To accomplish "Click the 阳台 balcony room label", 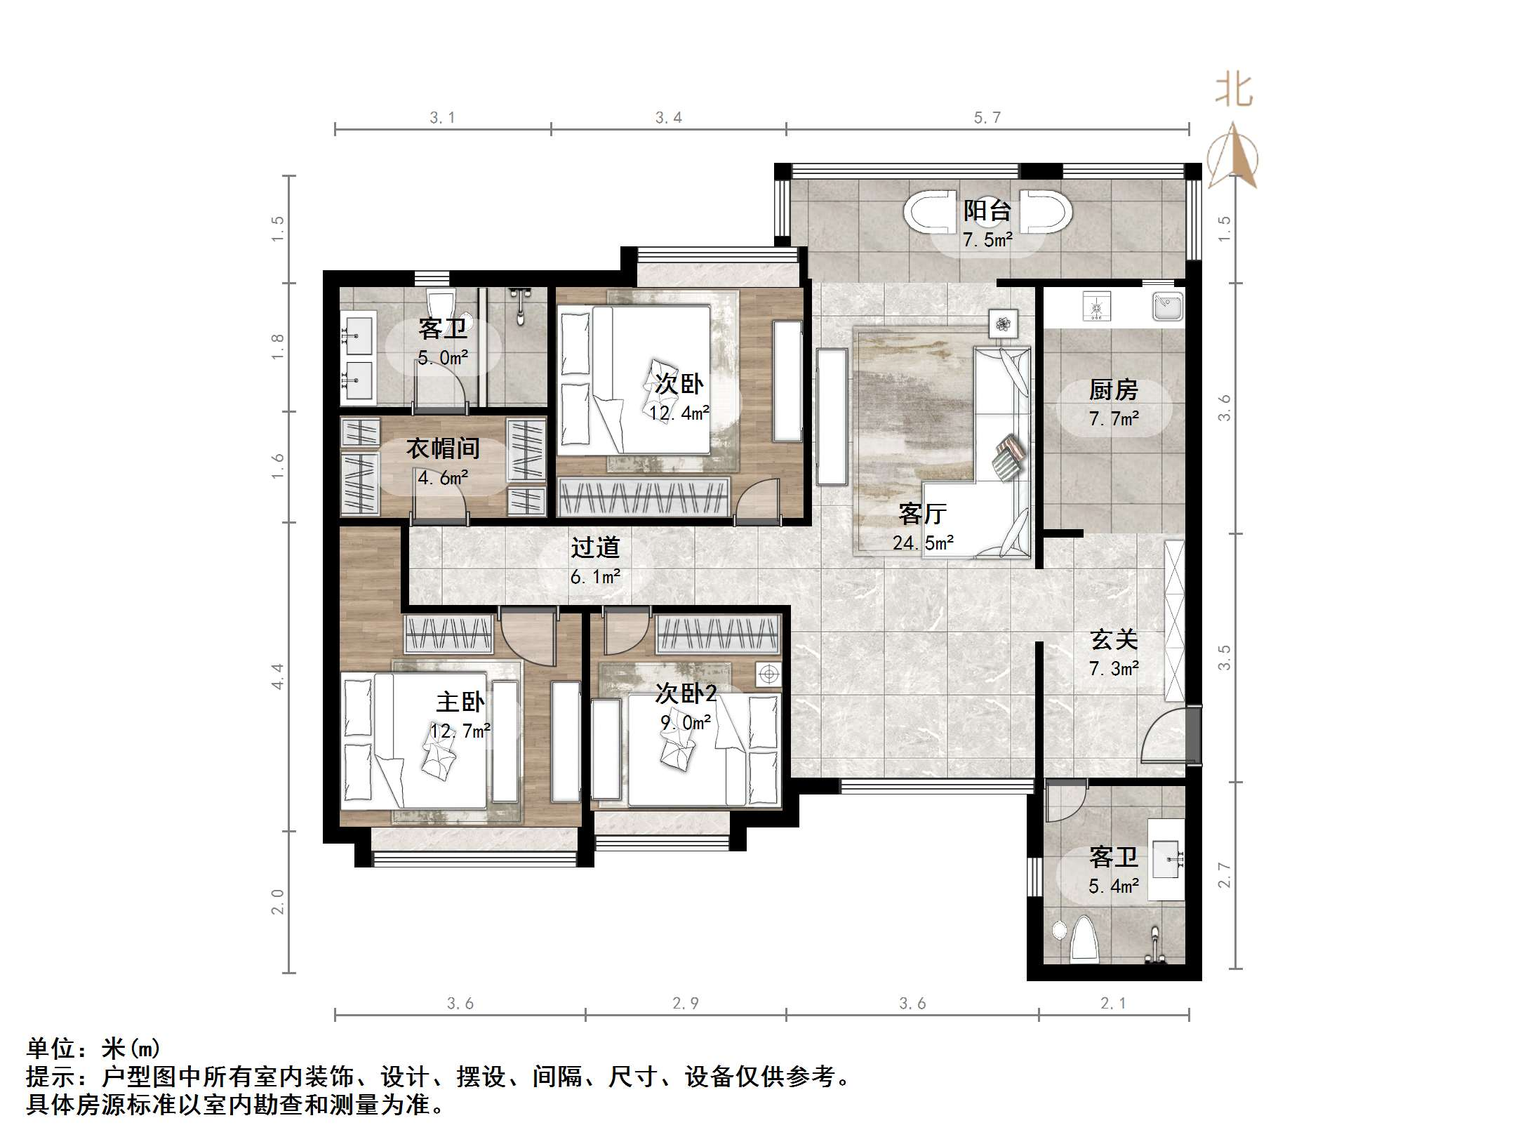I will click(987, 210).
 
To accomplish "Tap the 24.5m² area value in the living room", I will click(923, 543).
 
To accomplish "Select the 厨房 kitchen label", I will click(1113, 390).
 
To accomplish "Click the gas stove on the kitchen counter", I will click(1096, 307).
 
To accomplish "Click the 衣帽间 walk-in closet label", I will click(443, 448).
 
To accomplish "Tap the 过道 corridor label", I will click(595, 547).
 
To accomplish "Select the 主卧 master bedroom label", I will click(460, 702).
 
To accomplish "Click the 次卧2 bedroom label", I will click(686, 693).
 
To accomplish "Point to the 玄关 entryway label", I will click(1114, 639).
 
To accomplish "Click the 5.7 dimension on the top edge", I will click(987, 118).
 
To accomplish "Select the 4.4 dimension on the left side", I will click(278, 676).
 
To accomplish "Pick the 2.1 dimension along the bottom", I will click(1113, 1004).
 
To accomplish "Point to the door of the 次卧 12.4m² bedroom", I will click(758, 502).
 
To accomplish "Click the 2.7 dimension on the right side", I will click(1224, 875).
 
